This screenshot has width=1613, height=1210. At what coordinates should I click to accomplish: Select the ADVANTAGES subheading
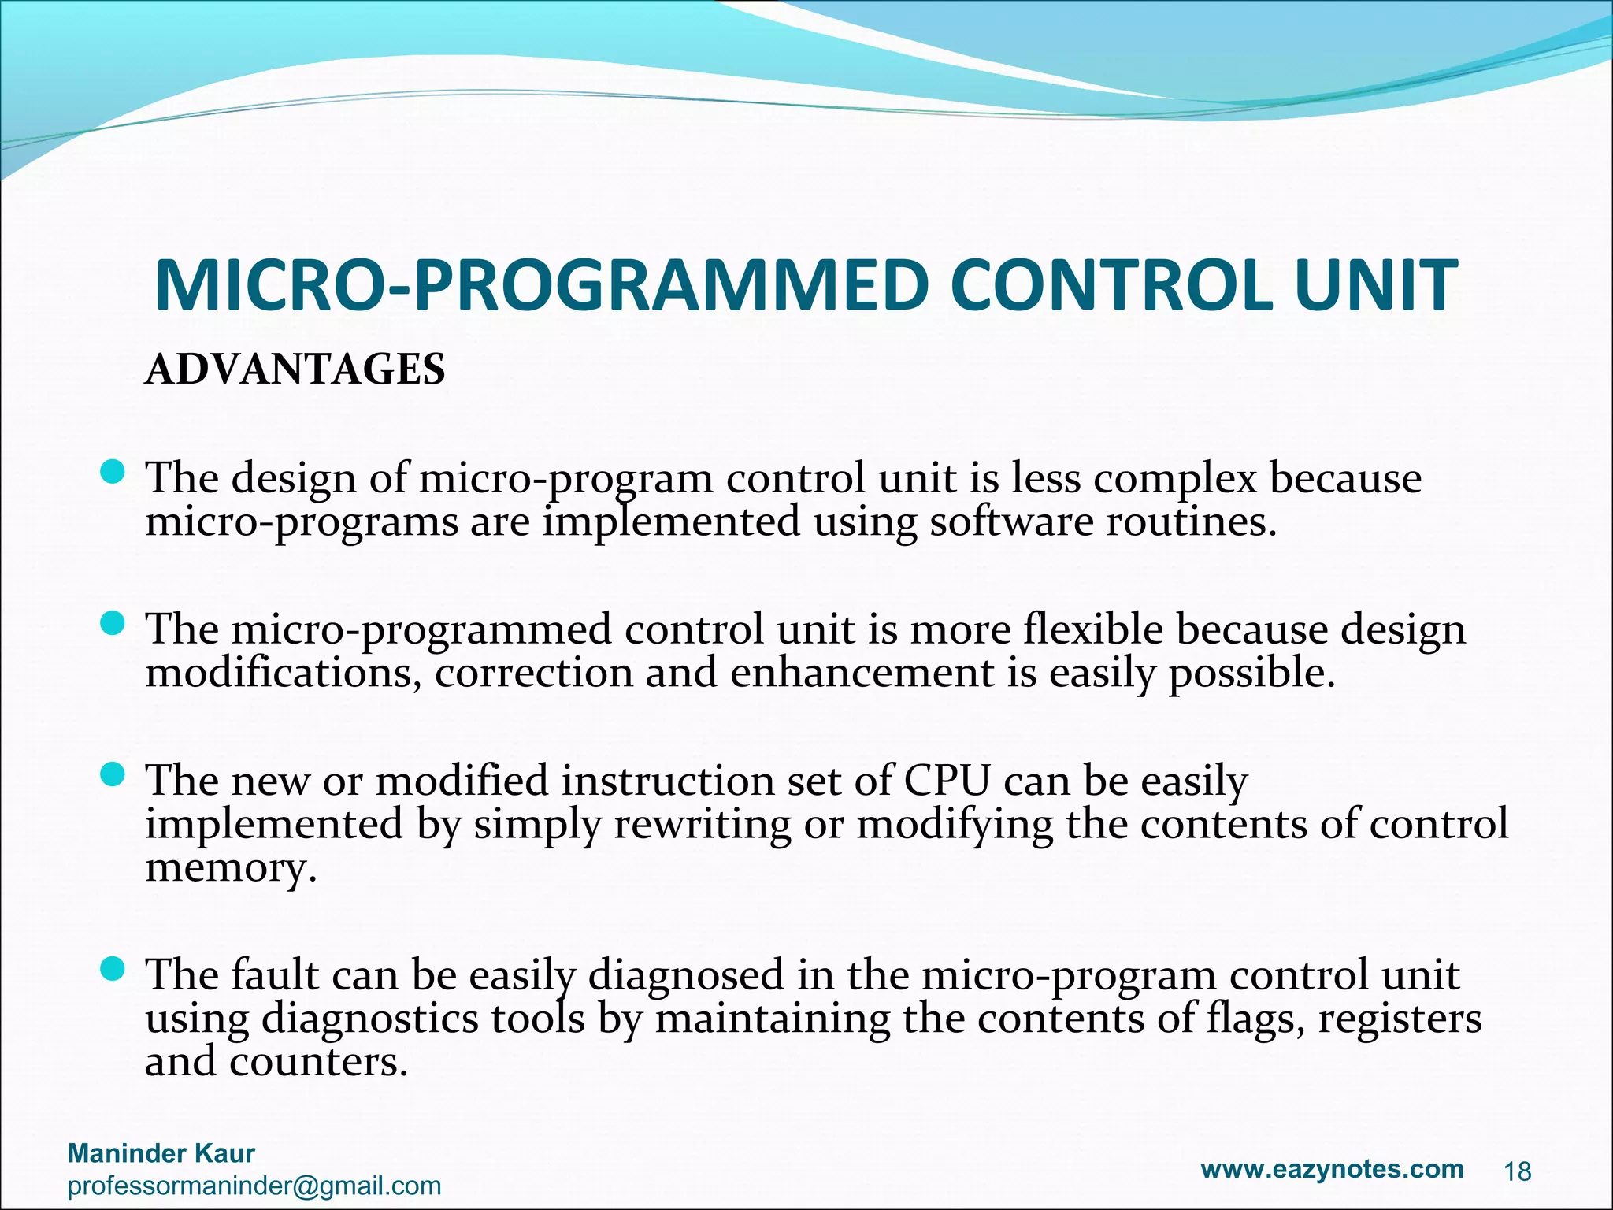coord(295,369)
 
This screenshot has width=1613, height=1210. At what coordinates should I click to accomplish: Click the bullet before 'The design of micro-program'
coord(113,473)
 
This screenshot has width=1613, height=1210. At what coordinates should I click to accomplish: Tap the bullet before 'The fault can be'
coord(113,970)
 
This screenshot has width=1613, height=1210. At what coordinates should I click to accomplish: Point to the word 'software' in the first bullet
coord(1011,521)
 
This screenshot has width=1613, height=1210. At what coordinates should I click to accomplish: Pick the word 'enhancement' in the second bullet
coord(862,673)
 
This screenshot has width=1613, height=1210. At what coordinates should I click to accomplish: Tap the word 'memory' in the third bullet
coord(231,868)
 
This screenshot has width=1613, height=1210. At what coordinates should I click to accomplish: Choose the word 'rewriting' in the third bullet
coord(702,824)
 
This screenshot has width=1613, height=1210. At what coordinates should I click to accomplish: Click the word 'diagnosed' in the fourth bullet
coord(686,974)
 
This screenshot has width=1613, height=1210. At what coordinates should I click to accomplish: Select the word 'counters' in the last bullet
coord(318,1061)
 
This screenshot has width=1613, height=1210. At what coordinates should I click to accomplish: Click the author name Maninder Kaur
coord(161,1153)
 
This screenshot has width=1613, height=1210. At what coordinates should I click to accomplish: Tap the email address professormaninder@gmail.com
coord(254,1186)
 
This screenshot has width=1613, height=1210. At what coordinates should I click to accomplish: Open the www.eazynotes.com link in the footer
coord(1332,1168)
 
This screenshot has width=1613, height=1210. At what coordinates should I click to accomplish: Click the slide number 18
coord(1517,1172)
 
